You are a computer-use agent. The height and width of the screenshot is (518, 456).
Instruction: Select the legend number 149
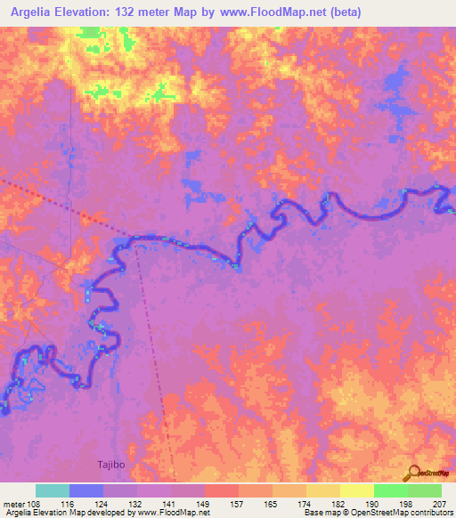(x=204, y=503)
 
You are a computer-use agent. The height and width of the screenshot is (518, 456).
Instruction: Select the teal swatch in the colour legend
(x=53, y=490)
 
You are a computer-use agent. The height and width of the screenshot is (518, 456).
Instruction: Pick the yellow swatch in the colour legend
(x=357, y=490)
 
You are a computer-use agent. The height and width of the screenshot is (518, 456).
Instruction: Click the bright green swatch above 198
(x=391, y=490)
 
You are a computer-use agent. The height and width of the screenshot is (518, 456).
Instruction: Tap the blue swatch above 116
(x=86, y=490)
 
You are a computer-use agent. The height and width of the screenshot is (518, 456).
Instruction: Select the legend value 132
(x=136, y=503)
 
